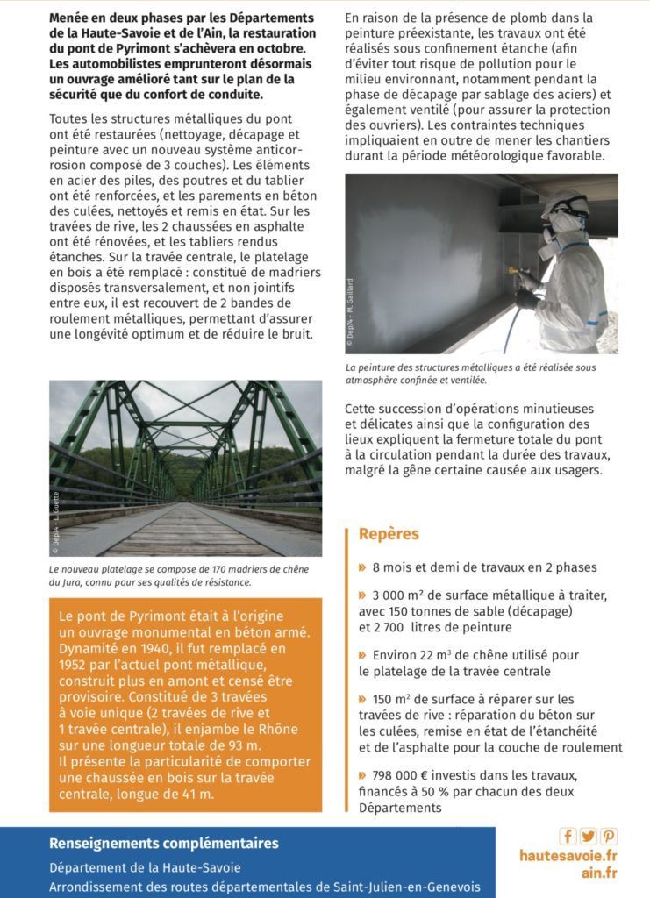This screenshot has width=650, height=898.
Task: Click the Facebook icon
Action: pyautogui.click(x=568, y=836)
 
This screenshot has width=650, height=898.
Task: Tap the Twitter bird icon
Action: pyautogui.click(x=588, y=836)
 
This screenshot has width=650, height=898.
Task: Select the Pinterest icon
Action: pyautogui.click(x=608, y=836)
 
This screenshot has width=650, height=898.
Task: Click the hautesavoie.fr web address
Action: pyautogui.click(x=568, y=855)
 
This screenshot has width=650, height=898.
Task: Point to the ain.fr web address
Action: pyautogui.click(x=599, y=873)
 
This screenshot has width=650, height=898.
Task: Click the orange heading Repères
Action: pyautogui.click(x=389, y=534)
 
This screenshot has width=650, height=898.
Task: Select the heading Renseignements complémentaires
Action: pyautogui.click(x=164, y=844)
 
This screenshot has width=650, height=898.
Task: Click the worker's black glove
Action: pyautogui.click(x=527, y=299)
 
